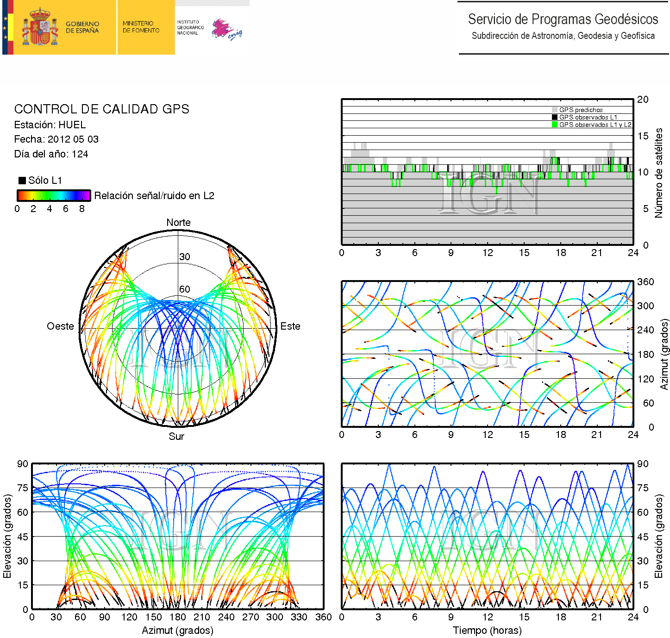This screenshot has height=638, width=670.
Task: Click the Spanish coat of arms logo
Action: tap(40, 27)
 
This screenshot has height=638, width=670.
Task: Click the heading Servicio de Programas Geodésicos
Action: tap(563, 19)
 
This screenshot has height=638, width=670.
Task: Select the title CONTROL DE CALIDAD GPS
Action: tap(101, 109)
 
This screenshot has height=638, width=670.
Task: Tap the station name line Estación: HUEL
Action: tap(50, 125)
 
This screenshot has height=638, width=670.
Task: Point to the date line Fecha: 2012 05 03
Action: tap(56, 139)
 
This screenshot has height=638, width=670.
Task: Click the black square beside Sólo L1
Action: tap(22, 181)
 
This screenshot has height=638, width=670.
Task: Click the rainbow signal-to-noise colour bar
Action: tap(54, 195)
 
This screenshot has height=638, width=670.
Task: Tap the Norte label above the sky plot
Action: tap(178, 223)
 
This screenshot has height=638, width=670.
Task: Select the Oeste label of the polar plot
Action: tap(60, 326)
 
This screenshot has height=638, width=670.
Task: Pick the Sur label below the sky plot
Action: tap(176, 437)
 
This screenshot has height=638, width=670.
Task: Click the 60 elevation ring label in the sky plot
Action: tap(185, 289)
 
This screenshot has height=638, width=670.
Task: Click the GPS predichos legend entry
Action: tap(581, 110)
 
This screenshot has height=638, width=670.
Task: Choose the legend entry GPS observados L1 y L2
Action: tap(595, 125)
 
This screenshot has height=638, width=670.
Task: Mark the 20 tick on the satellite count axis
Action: tap(643, 100)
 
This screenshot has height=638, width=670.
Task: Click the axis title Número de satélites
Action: tap(658, 173)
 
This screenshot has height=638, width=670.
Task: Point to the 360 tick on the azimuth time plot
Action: tap(645, 282)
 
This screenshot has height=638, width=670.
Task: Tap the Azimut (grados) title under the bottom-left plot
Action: tap(177, 631)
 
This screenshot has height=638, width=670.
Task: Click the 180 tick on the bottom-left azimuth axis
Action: tap(177, 617)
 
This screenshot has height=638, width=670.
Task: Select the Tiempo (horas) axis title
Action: tap(487, 631)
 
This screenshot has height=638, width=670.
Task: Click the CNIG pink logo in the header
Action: tap(226, 29)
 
